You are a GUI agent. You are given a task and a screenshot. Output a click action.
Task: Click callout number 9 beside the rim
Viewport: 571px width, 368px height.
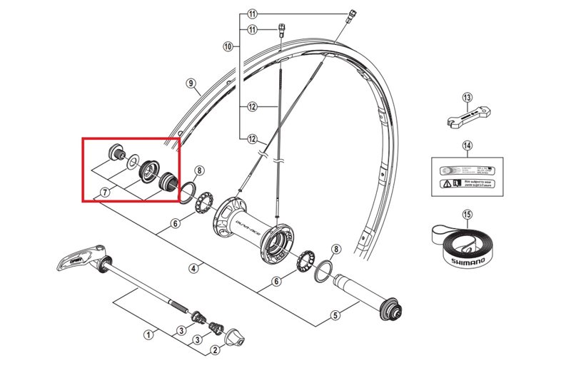tap(191, 83)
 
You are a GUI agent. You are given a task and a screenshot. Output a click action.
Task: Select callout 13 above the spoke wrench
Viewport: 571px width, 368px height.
tap(468, 98)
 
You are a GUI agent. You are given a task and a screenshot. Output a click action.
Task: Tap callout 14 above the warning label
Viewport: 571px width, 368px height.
tap(468, 147)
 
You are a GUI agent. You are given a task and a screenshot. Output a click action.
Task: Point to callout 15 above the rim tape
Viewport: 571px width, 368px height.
tap(468, 214)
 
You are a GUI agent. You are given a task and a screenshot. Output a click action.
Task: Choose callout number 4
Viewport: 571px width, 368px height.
tap(193, 269)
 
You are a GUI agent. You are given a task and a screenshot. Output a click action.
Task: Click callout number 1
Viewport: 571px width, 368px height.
tap(149, 334)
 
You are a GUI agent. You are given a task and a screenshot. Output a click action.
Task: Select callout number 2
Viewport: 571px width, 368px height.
tap(213, 350)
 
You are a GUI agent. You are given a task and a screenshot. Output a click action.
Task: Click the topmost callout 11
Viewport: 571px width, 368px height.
tap(251, 14)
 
